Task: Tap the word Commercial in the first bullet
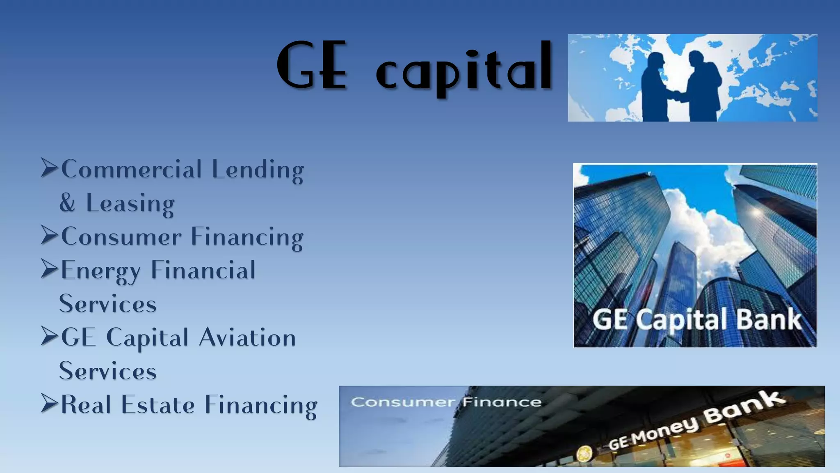132,170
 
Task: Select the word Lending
258,170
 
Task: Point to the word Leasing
130,203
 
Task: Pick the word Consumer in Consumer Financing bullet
121,237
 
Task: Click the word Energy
101,271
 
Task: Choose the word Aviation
247,338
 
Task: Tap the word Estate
158,405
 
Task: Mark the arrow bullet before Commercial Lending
50,168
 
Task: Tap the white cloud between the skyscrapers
697,222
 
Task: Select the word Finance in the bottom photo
502,402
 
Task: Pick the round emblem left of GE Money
584,454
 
